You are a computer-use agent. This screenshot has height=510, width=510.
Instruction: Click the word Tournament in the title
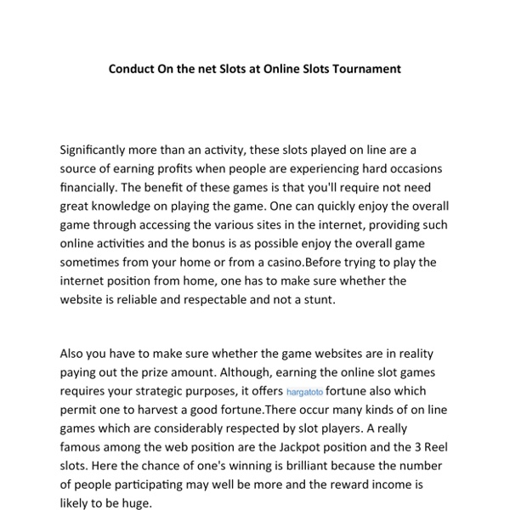[365, 68]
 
